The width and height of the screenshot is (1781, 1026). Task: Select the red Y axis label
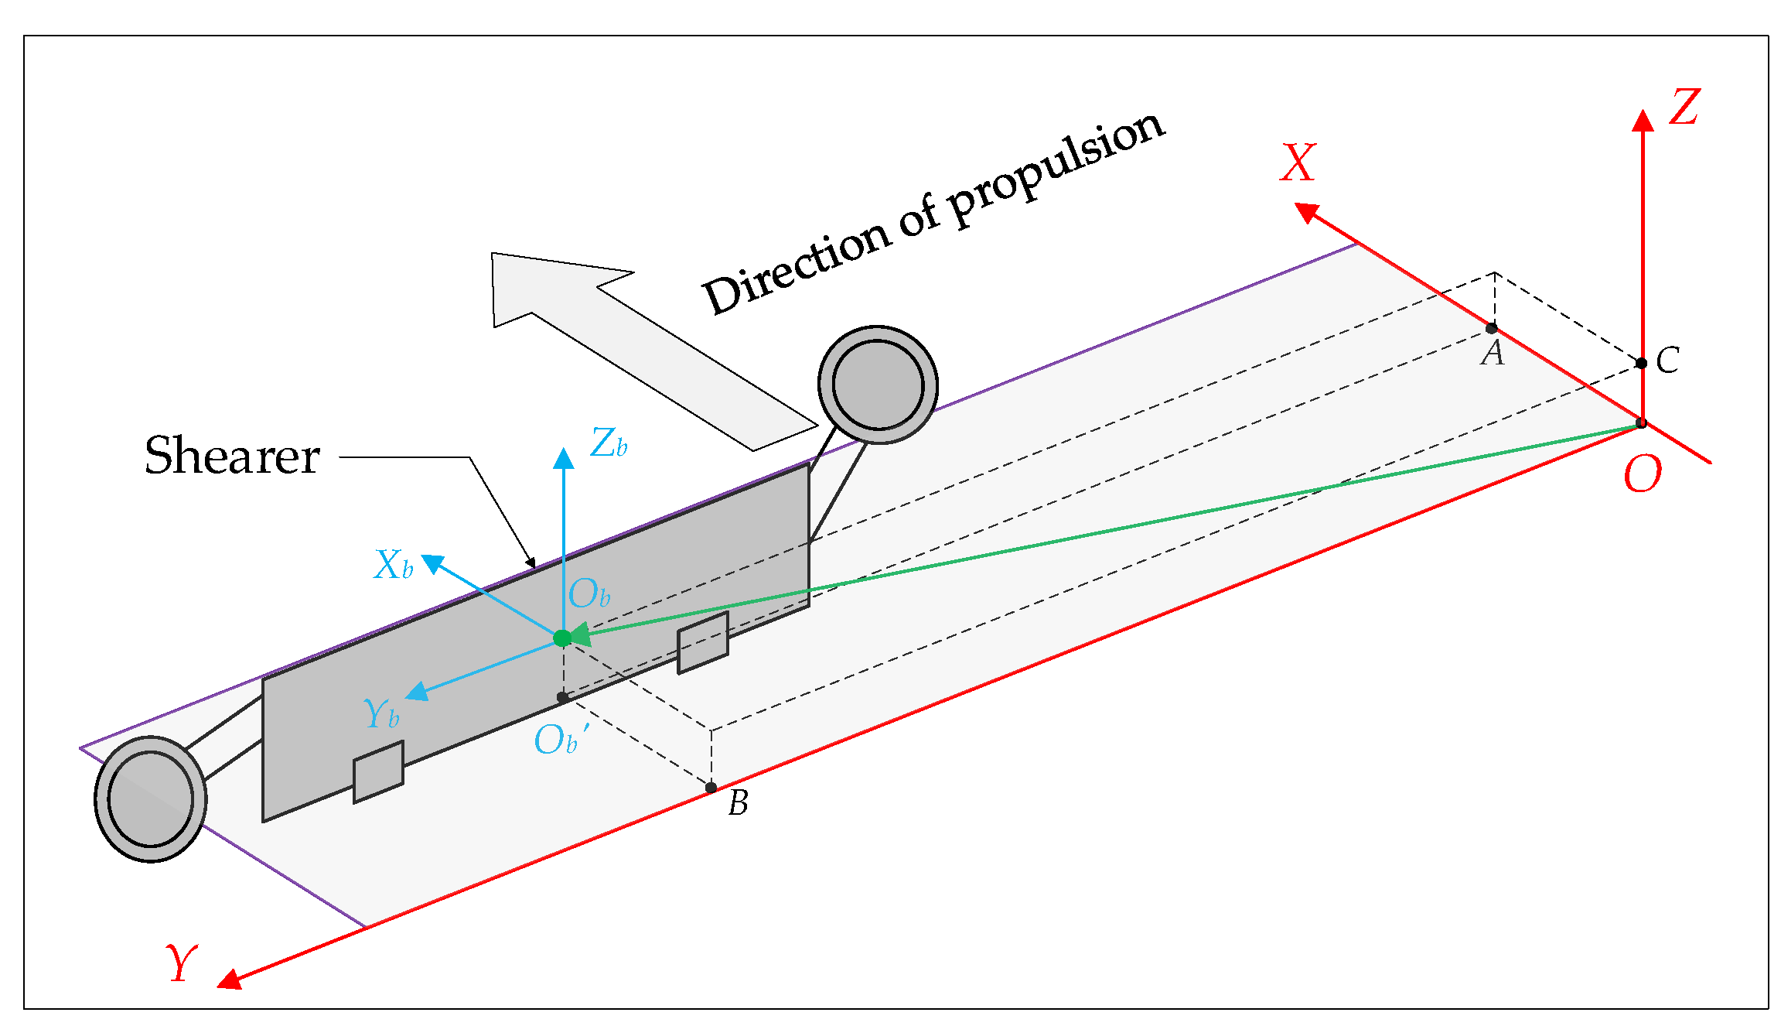[x=181, y=963]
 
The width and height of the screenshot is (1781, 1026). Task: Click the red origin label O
[x=1642, y=474]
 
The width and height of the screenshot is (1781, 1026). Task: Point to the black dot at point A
[x=1492, y=328]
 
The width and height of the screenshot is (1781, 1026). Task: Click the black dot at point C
[x=1641, y=363]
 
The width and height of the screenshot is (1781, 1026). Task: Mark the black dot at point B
[x=711, y=788]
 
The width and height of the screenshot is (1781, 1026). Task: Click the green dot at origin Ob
[x=562, y=638]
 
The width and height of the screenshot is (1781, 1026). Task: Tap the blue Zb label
[x=608, y=443]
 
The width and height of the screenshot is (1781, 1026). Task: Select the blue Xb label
[x=393, y=565]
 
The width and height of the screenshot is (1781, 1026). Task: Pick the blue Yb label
[x=380, y=713]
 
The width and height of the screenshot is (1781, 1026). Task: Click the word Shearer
[x=232, y=456]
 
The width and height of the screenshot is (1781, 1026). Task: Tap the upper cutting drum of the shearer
[x=878, y=385]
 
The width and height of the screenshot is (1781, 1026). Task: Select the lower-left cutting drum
[x=150, y=798]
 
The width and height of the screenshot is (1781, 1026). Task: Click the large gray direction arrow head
[x=541, y=286]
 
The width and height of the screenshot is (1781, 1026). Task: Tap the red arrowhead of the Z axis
[x=1643, y=120]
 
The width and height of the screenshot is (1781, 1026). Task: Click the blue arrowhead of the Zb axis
[x=564, y=458]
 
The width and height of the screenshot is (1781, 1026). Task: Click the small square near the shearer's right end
[x=702, y=642]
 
